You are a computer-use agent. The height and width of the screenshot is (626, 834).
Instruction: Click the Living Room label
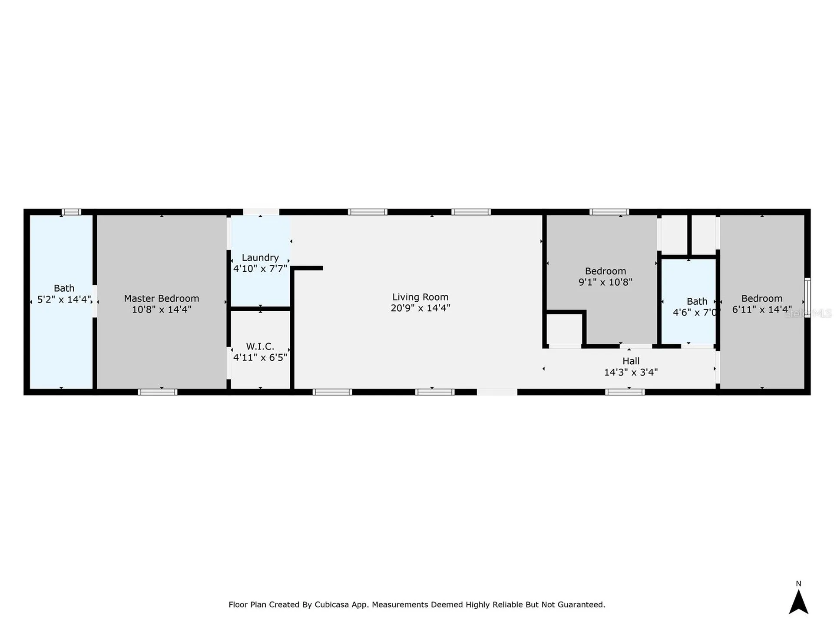(420, 297)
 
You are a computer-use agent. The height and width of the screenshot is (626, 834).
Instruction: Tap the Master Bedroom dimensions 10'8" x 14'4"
(162, 310)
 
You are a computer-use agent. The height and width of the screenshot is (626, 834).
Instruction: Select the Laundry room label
(260, 257)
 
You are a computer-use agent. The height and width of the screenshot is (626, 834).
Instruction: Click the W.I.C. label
(260, 346)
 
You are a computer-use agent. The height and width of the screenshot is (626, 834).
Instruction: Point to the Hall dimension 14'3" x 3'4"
(631, 372)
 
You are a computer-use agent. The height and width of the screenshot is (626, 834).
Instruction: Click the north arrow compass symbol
(798, 602)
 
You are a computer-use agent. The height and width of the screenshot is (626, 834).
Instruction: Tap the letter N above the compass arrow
(798, 583)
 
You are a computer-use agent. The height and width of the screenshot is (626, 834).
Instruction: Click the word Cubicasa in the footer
(333, 605)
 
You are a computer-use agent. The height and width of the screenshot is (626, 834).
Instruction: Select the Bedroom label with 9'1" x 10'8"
(605, 271)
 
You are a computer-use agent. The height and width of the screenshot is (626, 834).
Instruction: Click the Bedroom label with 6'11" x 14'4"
(761, 298)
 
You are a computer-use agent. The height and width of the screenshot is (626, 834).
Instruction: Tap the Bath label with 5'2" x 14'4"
(64, 288)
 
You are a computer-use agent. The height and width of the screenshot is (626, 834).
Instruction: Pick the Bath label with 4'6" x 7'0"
(697, 301)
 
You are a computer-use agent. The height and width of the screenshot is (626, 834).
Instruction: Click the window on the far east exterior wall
(807, 298)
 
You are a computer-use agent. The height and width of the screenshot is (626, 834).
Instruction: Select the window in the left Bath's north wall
(71, 212)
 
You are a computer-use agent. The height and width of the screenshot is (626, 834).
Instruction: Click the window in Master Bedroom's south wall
(158, 392)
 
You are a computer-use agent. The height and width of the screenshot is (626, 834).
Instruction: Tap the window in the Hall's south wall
(625, 392)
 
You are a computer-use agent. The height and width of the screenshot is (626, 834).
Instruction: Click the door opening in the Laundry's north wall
(261, 212)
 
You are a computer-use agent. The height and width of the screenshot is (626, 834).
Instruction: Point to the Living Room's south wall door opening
(497, 392)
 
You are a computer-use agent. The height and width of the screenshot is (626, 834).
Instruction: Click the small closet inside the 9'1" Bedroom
(564, 329)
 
